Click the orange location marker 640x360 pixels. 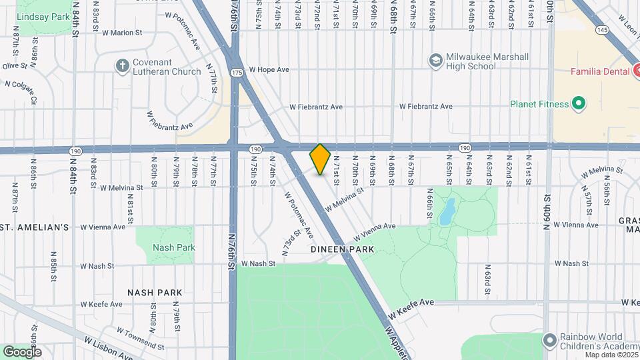[x=320, y=159]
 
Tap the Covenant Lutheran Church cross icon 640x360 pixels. [x=121, y=65]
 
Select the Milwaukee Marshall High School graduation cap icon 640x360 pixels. [x=436, y=61]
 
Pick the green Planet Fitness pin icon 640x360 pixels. [x=578, y=104]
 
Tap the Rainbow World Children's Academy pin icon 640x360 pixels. [x=550, y=341]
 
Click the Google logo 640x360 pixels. [x=22, y=351]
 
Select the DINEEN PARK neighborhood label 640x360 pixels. [x=343, y=249]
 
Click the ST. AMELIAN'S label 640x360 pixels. [x=35, y=227]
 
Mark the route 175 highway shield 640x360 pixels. [x=237, y=72]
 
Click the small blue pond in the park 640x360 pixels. [x=447, y=211]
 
